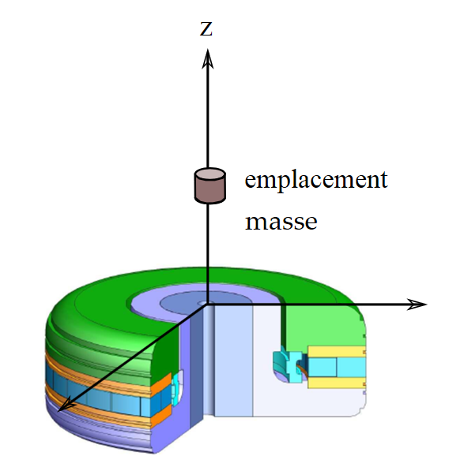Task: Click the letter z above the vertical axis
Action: pyautogui.click(x=206, y=29)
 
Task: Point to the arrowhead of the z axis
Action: pyautogui.click(x=208, y=59)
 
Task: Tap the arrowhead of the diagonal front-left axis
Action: pyautogui.click(x=66, y=404)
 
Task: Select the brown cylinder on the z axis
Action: pyautogui.click(x=210, y=186)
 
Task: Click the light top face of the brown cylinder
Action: pyautogui.click(x=210, y=174)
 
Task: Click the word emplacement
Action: pyautogui.click(x=316, y=180)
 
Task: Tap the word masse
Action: pyautogui.click(x=281, y=222)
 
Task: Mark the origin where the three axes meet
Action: pyautogui.click(x=207, y=305)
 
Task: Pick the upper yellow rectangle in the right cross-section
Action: pyautogui.click(x=337, y=351)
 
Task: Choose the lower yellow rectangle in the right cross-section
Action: pyautogui.click(x=337, y=383)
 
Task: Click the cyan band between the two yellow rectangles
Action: pyautogui.click(x=337, y=367)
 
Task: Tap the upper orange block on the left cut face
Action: pyautogui.click(x=161, y=384)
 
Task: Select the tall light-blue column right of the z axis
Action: pyautogui.click(x=233, y=361)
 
